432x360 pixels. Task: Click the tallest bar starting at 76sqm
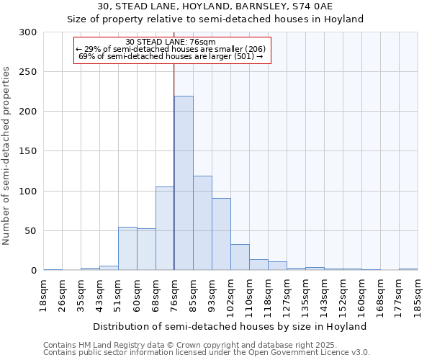click(184, 183)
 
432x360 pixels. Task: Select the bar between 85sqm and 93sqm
click(202, 223)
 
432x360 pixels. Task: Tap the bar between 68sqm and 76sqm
click(165, 228)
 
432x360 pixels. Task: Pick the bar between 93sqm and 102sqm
click(221, 234)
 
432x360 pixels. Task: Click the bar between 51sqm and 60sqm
click(127, 248)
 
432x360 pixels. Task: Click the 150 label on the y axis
click(28, 151)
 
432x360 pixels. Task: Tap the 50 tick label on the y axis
click(31, 231)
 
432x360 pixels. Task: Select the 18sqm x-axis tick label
click(44, 294)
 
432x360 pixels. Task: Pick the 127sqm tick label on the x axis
click(287, 295)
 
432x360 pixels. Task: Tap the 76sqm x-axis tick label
click(174, 294)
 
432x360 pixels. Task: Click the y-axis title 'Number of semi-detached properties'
click(6, 156)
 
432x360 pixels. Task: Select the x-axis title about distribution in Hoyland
click(230, 326)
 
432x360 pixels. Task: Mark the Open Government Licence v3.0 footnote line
click(206, 353)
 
